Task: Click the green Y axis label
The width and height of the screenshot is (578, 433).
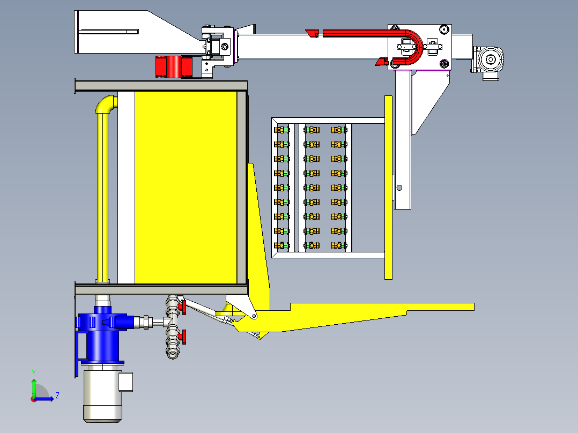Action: [x=34, y=372]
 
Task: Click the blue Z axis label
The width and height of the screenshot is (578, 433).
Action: [x=57, y=396]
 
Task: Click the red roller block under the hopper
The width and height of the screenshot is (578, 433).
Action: [x=174, y=66]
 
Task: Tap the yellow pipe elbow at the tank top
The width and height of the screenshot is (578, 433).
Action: [x=105, y=103]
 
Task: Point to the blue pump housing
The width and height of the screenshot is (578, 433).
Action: [x=102, y=333]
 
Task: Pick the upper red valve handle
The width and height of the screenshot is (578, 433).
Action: [x=183, y=308]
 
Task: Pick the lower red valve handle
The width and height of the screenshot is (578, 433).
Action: [x=183, y=337]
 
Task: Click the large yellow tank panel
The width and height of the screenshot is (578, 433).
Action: [x=186, y=188]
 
